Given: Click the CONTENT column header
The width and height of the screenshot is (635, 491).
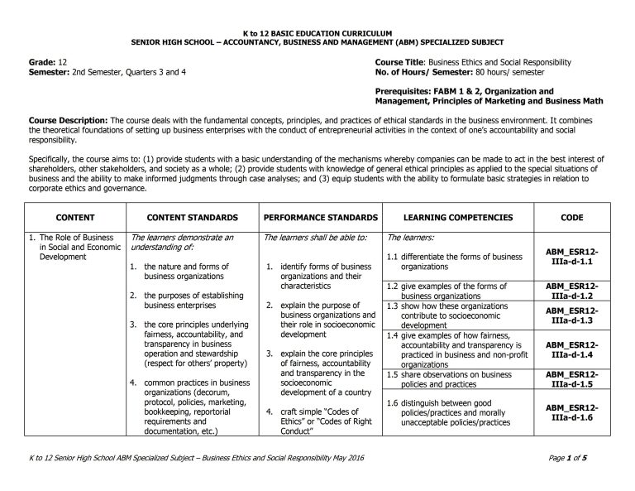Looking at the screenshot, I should (x=74, y=218).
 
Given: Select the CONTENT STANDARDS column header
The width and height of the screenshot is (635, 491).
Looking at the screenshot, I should (x=192, y=218).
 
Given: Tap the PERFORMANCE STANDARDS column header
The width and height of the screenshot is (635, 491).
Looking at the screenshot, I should (x=320, y=218).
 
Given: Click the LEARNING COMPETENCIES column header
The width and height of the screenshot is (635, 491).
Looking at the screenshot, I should (x=458, y=218).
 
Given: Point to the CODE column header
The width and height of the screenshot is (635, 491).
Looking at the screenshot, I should (x=571, y=218).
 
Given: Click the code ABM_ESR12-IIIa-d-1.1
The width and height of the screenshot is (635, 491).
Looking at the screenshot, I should (x=571, y=255).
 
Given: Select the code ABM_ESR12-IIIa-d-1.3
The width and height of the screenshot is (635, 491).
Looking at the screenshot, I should (x=571, y=315).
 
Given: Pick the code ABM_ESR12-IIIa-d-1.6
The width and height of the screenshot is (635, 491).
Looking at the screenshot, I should (x=571, y=412).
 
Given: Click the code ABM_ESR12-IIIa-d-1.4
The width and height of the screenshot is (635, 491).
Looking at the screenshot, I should (x=571, y=349).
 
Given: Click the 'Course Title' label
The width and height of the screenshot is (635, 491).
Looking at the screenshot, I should (x=400, y=63).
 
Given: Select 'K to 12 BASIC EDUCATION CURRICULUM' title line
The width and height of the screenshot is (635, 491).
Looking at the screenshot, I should (x=317, y=32).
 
